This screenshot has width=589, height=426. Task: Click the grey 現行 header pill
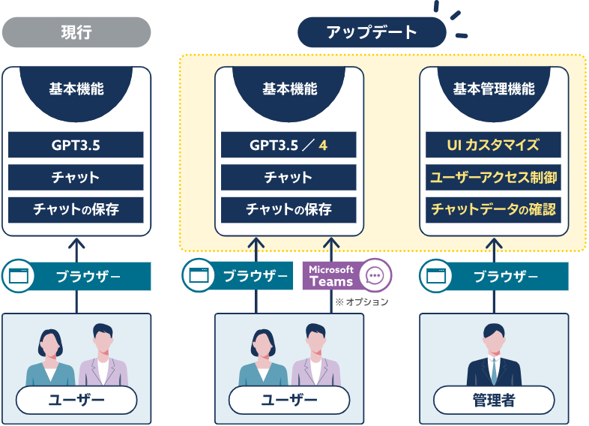[x=76, y=33]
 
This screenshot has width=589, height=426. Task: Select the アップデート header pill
[x=372, y=33]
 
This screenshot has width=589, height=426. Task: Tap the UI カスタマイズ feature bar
[x=494, y=145]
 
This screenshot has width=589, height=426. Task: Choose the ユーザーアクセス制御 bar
[x=494, y=178]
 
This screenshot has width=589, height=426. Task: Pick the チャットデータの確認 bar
[x=494, y=210]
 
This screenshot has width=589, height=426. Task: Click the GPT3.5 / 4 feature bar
[x=289, y=145]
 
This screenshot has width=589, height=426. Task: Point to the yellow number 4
[x=323, y=145]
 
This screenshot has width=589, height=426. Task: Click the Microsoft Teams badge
[x=332, y=275]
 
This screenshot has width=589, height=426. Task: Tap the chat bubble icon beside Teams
[x=375, y=275]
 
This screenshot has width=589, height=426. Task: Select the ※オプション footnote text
[x=362, y=301]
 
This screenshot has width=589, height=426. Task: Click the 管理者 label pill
[x=494, y=400]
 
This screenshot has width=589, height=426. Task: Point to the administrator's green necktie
[x=494, y=369]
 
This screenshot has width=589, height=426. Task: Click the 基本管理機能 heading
[x=494, y=89]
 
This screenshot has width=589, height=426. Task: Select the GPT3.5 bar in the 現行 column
[x=76, y=145]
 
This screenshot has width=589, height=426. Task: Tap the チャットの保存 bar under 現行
[x=76, y=210]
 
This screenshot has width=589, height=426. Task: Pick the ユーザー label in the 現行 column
[x=76, y=400]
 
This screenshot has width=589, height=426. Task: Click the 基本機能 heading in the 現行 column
[x=76, y=89]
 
